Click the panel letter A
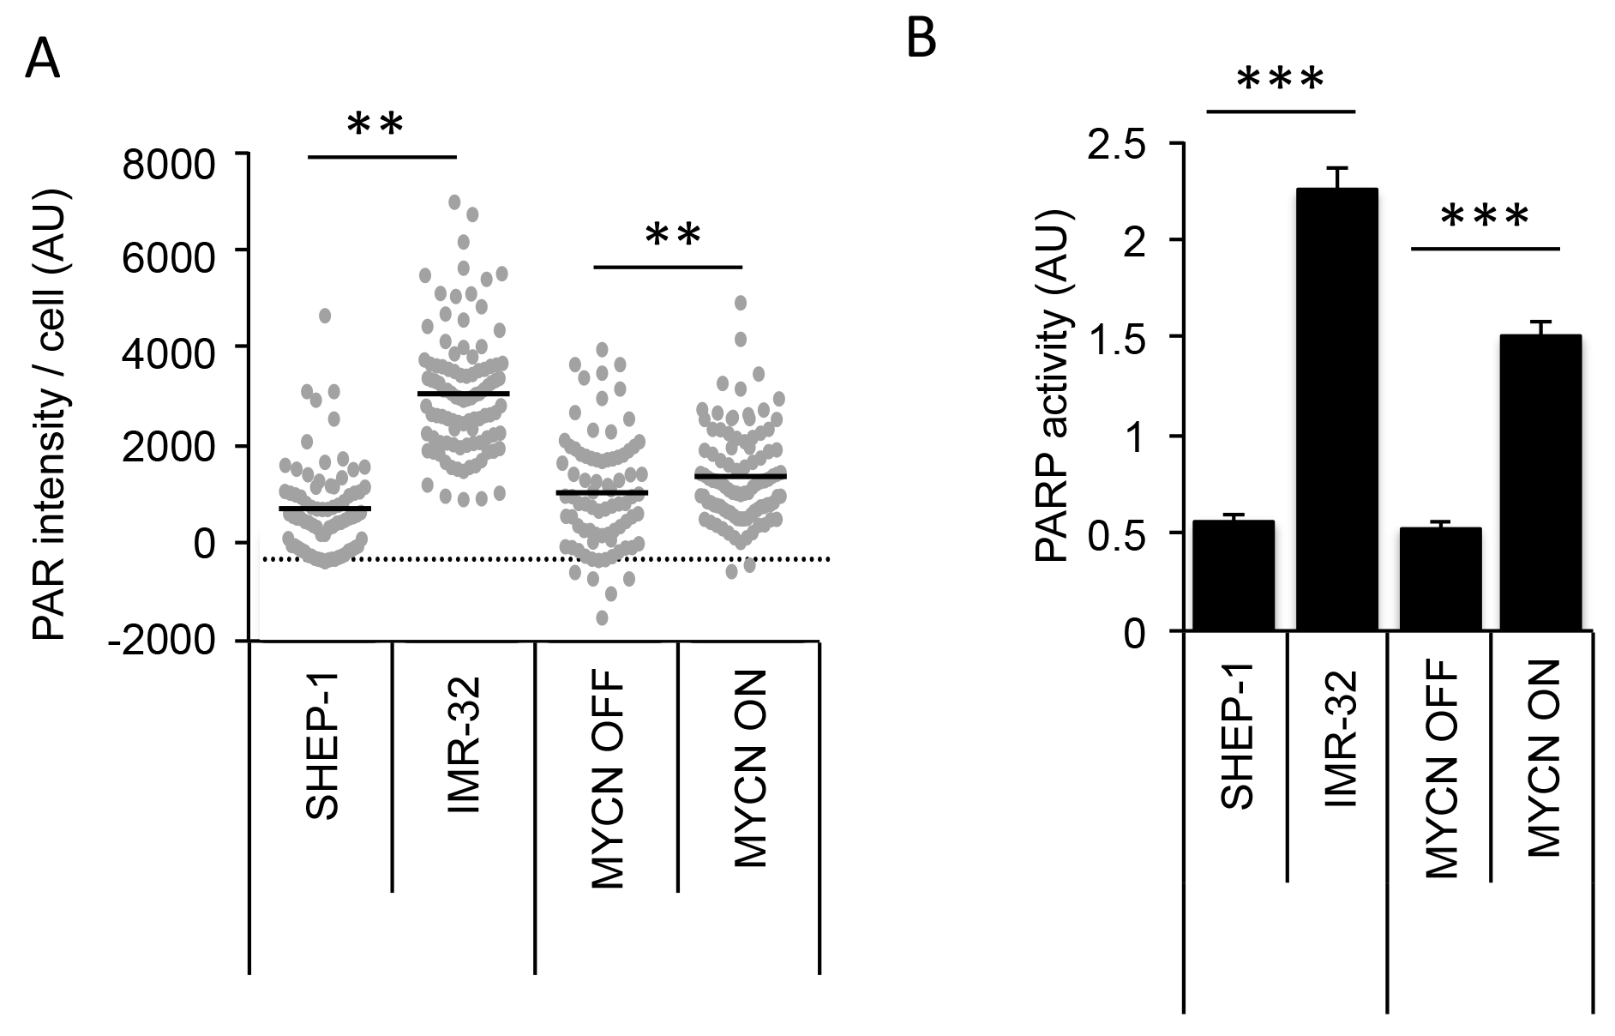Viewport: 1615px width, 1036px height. click(43, 60)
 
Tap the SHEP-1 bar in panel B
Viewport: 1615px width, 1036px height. click(1233, 575)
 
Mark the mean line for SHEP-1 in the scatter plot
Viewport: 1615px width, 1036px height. click(324, 509)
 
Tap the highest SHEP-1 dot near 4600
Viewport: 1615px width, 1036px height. click(325, 316)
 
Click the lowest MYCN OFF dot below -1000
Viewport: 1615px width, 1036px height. click(603, 617)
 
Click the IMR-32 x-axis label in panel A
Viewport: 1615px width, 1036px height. click(466, 744)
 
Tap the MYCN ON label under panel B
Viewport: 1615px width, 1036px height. click(1543, 758)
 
